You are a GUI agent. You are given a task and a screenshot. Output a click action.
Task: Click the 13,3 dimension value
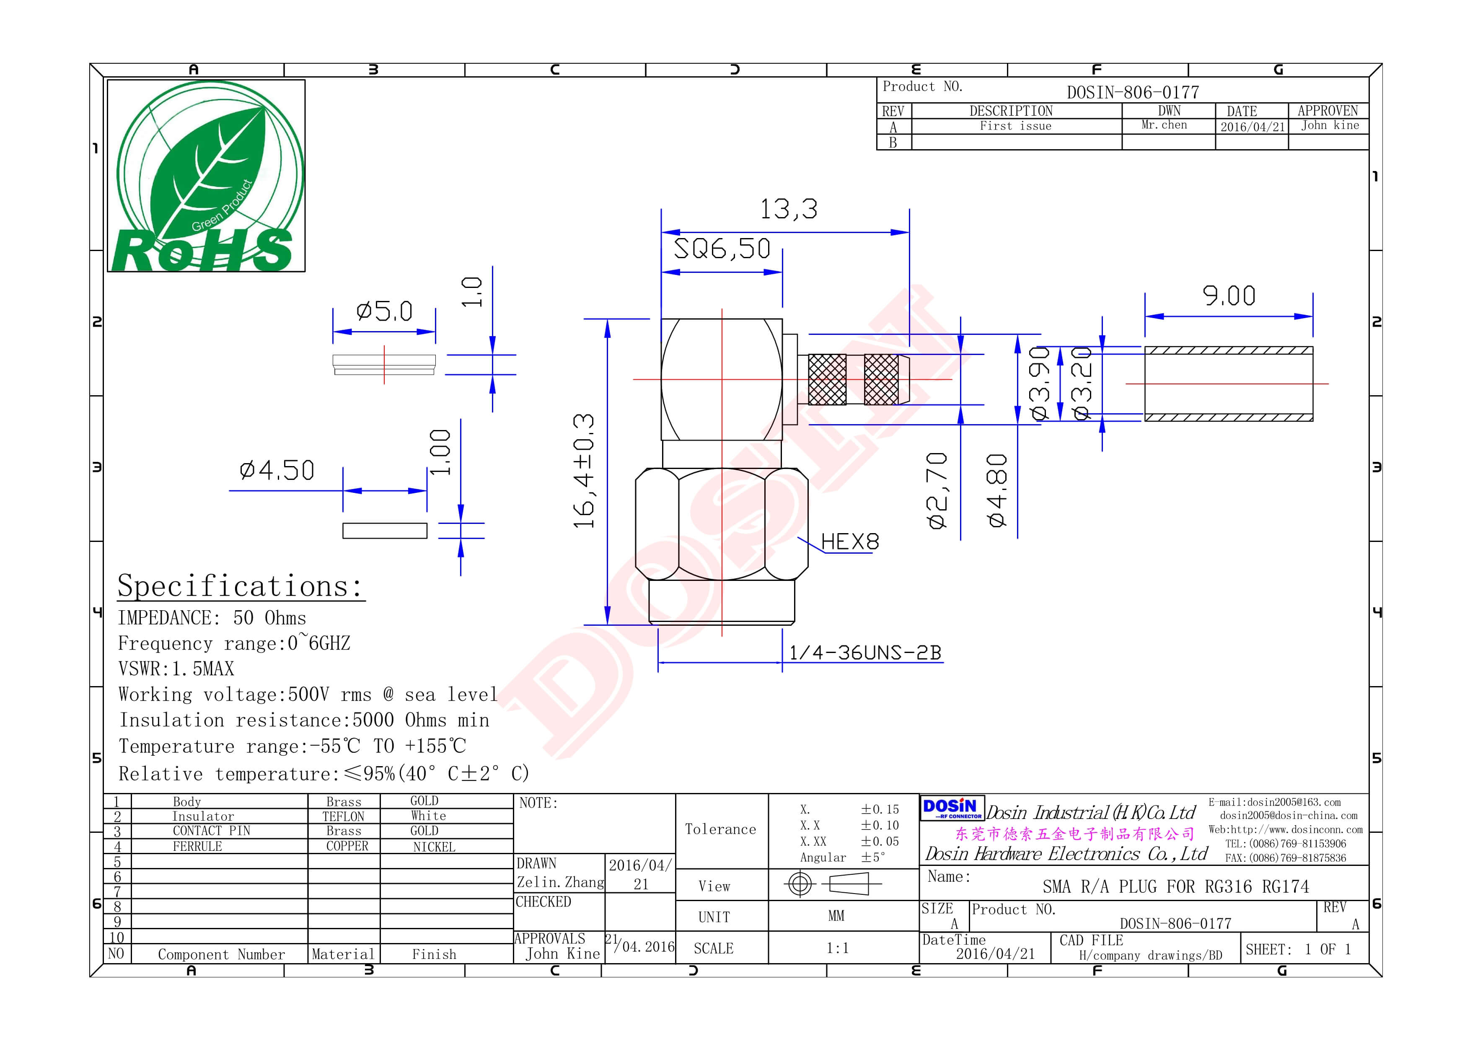click(x=788, y=209)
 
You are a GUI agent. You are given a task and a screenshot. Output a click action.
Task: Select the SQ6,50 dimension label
click(x=722, y=249)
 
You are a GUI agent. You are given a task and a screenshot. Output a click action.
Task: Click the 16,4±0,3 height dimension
click(x=584, y=471)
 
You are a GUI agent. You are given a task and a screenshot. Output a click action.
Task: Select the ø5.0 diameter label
click(x=384, y=311)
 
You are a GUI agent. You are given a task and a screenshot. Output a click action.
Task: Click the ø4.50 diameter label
click(x=277, y=471)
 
